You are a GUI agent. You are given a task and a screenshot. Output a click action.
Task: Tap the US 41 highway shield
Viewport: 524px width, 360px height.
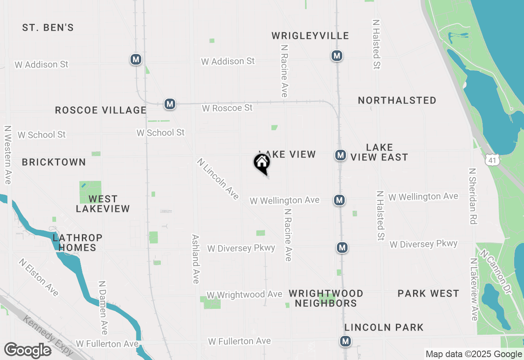click(x=492, y=160)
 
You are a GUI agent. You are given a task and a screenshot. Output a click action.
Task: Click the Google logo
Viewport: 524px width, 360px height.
click(x=27, y=350)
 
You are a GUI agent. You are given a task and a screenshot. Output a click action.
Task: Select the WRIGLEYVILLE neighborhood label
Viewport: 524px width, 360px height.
click(x=310, y=36)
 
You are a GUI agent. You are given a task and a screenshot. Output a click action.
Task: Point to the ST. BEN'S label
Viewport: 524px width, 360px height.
click(x=48, y=28)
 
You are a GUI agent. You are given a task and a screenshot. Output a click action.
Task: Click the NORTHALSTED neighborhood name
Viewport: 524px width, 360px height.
click(x=397, y=101)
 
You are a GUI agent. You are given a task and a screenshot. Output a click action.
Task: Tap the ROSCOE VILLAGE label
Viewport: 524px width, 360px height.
click(x=101, y=110)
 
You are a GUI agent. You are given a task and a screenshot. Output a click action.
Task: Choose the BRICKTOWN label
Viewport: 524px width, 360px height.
click(x=54, y=162)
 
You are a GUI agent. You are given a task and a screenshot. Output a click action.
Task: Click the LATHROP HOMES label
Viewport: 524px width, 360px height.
click(x=77, y=243)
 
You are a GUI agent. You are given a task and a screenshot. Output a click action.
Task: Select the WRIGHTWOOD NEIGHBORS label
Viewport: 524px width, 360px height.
click(x=326, y=298)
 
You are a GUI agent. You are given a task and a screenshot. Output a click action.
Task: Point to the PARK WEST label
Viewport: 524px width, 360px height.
click(x=428, y=294)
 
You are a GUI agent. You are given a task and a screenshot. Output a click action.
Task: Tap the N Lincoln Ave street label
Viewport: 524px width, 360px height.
click(x=218, y=179)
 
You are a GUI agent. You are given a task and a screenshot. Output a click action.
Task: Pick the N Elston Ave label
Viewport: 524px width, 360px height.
click(x=39, y=277)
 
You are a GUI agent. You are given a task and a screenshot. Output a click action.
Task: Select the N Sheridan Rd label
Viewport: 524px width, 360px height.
click(x=473, y=196)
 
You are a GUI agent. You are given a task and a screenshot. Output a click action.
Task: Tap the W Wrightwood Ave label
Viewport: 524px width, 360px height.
click(x=244, y=295)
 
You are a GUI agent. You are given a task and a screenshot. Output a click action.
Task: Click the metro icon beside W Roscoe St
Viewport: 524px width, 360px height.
click(x=170, y=104)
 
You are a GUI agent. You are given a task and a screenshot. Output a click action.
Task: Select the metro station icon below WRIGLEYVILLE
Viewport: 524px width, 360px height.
click(x=337, y=56)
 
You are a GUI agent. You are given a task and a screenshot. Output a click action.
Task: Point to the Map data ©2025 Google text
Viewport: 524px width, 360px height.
click(x=474, y=354)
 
